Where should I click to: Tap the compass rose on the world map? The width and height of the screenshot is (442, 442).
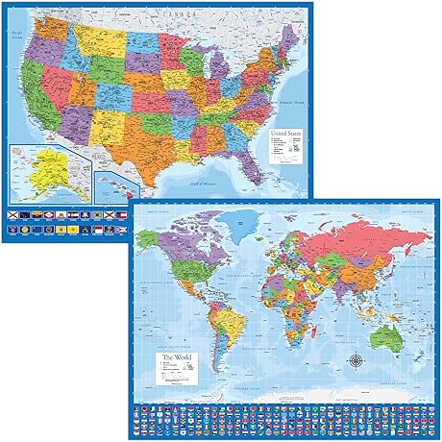click(x=357, y=362)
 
